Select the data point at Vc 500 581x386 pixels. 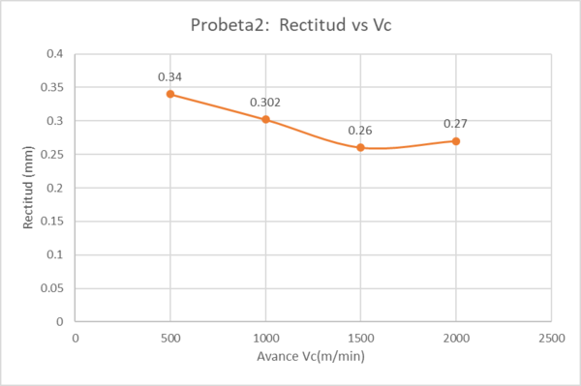click(170, 94)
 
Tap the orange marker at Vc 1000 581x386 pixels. click(265, 119)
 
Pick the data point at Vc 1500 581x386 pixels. click(360, 147)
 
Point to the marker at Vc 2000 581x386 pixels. click(455, 140)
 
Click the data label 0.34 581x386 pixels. click(170, 75)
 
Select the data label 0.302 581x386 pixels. click(265, 102)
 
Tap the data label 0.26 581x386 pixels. click(360, 130)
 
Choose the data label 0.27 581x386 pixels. click(455, 123)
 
